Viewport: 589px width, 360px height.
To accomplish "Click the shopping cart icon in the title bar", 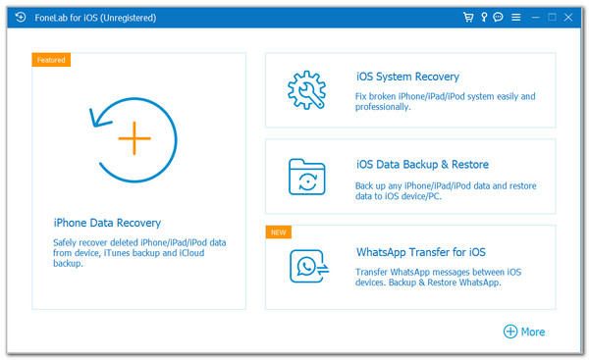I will click(x=469, y=18).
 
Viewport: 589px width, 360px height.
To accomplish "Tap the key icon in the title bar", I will click(x=484, y=18).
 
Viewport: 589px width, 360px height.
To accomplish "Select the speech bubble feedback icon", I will click(x=499, y=18).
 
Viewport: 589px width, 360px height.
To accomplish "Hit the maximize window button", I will click(x=553, y=18).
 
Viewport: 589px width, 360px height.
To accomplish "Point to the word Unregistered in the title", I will click(x=127, y=18).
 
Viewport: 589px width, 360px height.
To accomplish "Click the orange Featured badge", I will click(x=51, y=60).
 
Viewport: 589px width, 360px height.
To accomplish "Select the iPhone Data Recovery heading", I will click(x=106, y=223).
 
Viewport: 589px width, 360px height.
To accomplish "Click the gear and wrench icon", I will click(x=306, y=89).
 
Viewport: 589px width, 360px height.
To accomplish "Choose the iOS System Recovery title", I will click(x=407, y=77).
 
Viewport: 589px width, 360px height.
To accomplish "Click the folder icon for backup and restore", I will click(x=306, y=177).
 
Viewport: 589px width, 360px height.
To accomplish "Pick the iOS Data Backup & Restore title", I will click(x=422, y=164).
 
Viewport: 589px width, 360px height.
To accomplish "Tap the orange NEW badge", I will click(x=280, y=232).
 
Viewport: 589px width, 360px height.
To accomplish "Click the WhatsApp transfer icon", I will click(x=306, y=265).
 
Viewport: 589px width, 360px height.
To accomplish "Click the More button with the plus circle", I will click(x=524, y=332).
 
